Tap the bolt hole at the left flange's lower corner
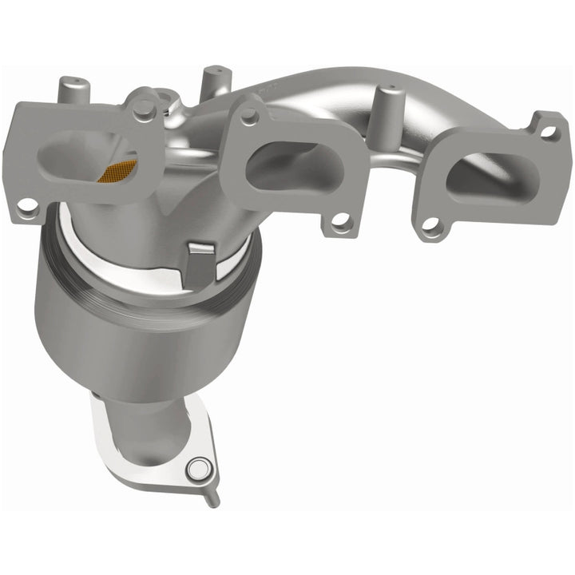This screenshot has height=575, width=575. point(28,207)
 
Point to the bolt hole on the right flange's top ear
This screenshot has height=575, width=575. point(549,131)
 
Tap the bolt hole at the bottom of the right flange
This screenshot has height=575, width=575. point(431,227)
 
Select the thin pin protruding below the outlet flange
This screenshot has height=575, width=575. point(213,496)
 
